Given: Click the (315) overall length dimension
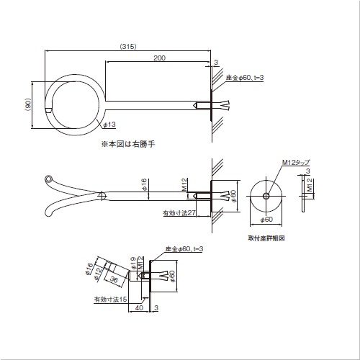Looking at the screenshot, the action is click(128, 46).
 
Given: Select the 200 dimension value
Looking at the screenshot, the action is click(159, 58).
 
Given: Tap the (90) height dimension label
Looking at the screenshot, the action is click(28, 104).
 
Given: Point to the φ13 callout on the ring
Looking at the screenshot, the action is click(109, 125).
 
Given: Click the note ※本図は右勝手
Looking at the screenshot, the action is click(128, 144).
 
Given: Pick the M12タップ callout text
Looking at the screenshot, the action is click(296, 163).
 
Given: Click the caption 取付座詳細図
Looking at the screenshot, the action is click(266, 238).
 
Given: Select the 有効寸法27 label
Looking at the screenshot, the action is click(179, 212).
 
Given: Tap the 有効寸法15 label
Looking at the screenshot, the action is click(110, 300).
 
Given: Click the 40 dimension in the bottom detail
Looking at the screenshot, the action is click(139, 307).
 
